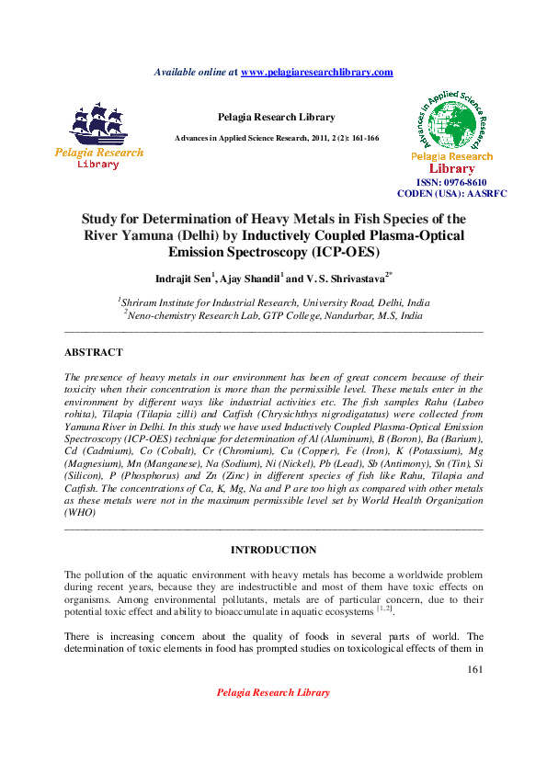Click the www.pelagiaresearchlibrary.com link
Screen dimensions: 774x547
[x=316, y=72]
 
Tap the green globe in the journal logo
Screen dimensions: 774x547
[x=452, y=123]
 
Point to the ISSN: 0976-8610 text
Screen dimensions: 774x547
[x=452, y=183]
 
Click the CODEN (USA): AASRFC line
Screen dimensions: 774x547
[x=451, y=194]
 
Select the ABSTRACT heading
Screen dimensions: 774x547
[x=93, y=352]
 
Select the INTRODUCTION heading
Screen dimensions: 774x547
[x=273, y=550]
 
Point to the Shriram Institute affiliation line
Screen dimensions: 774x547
[x=273, y=302]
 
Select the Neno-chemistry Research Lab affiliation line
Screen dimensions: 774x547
[x=273, y=314]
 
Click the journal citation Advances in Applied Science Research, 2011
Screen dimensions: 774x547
[x=276, y=138]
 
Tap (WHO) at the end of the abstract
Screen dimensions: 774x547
[x=80, y=515]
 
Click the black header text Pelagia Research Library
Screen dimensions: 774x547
[x=276, y=117]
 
